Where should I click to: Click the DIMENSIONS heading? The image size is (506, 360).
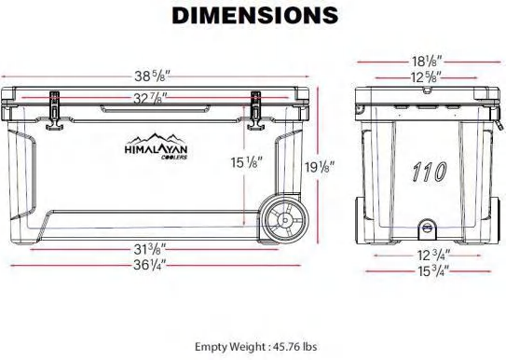(255, 15)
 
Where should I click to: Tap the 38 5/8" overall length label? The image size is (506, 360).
(152, 76)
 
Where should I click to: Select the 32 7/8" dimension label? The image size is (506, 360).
(150, 98)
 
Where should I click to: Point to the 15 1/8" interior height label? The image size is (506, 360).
(246, 162)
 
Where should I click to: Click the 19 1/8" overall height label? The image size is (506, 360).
(320, 167)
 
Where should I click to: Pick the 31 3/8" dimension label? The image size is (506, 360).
(150, 249)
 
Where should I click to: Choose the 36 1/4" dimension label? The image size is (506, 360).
(150, 266)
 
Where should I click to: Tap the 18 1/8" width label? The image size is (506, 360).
(426, 62)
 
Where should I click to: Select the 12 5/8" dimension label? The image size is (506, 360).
(426, 77)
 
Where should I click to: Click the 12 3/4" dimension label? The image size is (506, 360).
(433, 256)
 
